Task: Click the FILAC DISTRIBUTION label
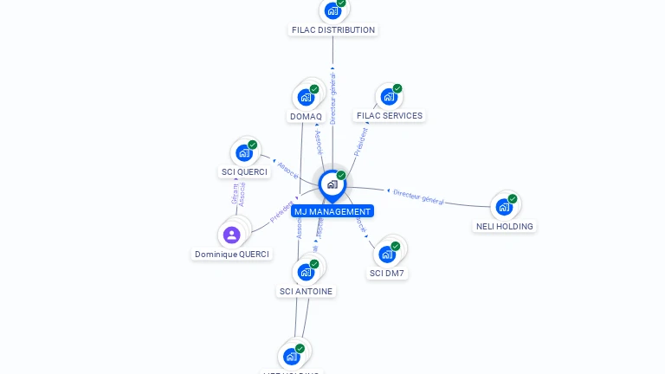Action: click(x=333, y=29)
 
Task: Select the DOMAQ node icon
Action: click(x=305, y=97)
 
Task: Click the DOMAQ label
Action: click(x=306, y=116)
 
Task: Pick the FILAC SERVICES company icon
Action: click(x=388, y=97)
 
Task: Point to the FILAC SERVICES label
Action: click(x=390, y=115)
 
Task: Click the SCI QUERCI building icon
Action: click(x=243, y=153)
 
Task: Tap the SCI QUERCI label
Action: click(x=244, y=171)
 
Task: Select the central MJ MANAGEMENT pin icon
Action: click(x=332, y=184)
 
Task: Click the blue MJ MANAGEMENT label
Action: click(x=332, y=211)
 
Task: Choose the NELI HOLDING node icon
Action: click(x=503, y=207)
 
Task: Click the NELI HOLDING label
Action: click(x=505, y=226)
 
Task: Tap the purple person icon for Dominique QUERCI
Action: click(x=231, y=235)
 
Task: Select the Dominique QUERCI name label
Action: click(x=232, y=255)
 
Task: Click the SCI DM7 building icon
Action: click(x=386, y=255)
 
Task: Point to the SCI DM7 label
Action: click(x=387, y=273)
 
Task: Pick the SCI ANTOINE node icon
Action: click(x=305, y=272)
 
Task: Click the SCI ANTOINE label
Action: click(x=307, y=292)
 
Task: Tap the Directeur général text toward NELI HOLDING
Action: click(x=418, y=197)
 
